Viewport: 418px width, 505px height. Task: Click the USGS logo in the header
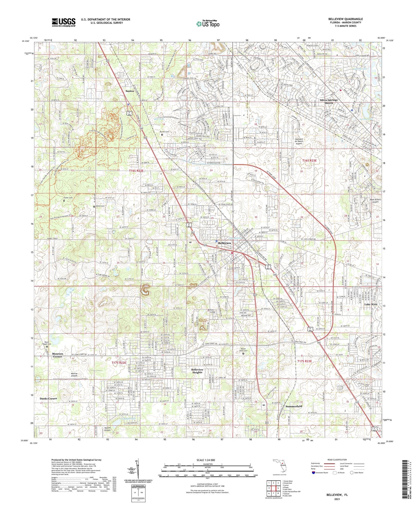click(x=64, y=22)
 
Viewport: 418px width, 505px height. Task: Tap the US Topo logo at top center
click(x=208, y=24)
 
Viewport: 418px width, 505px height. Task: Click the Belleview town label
click(x=225, y=243)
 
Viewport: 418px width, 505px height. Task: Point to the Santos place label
click(x=130, y=91)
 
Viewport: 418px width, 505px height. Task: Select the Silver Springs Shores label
click(x=329, y=101)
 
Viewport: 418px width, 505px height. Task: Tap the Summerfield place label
click(x=294, y=406)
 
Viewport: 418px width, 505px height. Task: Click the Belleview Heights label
click(x=197, y=371)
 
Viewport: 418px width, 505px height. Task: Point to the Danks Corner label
click(x=48, y=399)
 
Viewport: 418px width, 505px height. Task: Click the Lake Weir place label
click(x=371, y=304)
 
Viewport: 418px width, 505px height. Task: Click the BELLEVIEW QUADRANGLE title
click(x=346, y=19)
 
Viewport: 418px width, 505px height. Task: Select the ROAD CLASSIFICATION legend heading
click(x=337, y=460)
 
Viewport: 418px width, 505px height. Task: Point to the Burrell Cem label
click(x=164, y=132)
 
